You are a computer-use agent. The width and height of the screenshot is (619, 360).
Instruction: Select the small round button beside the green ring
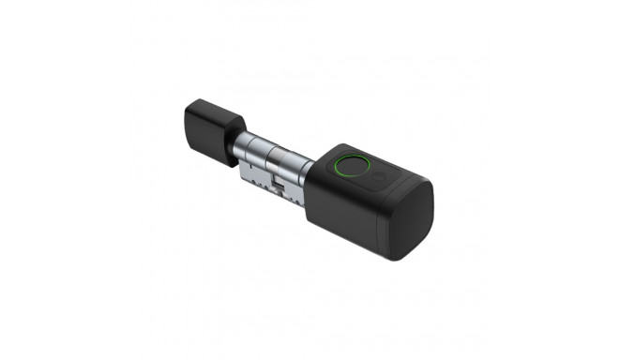point(379,175)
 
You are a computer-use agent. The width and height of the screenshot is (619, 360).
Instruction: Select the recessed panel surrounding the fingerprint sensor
point(361,172)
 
